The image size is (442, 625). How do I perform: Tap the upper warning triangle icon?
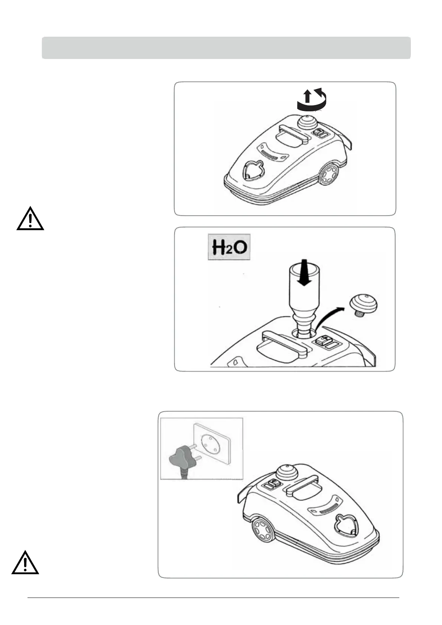[30, 219]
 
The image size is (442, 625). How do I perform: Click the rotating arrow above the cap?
[311, 99]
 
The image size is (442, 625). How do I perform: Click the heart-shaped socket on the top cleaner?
[252, 171]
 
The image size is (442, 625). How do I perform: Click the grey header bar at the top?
[226, 48]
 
